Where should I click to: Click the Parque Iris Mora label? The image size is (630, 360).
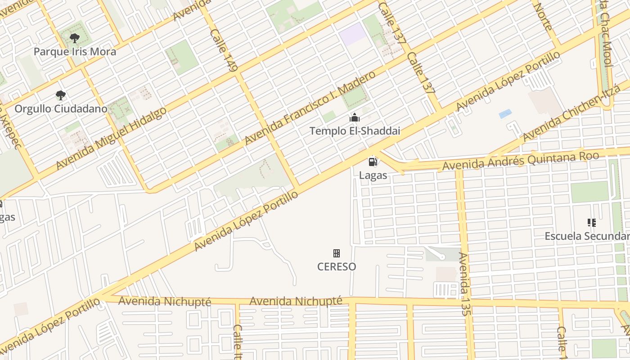[75, 51]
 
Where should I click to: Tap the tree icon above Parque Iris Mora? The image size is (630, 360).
[75, 38]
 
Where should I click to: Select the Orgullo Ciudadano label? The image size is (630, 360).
[61, 108]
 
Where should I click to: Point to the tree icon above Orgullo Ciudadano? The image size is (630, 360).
[61, 95]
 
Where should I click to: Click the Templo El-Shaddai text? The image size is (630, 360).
[355, 131]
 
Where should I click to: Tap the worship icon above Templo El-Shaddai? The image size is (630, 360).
[355, 118]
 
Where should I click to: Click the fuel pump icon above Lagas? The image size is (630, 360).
[373, 162]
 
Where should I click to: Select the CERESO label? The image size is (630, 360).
[337, 266]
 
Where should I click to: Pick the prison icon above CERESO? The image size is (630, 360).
[337, 253]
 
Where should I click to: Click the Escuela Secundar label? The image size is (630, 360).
[587, 236]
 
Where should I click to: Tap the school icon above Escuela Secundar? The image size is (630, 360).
[592, 222]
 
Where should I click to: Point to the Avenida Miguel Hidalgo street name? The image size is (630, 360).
[111, 138]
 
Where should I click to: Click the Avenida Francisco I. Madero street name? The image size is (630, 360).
[310, 108]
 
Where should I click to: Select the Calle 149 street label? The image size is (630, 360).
[223, 50]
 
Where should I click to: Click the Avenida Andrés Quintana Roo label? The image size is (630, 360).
[521, 161]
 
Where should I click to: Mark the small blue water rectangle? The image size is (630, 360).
[505, 114]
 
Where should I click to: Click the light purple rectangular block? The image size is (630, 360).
[353, 34]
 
